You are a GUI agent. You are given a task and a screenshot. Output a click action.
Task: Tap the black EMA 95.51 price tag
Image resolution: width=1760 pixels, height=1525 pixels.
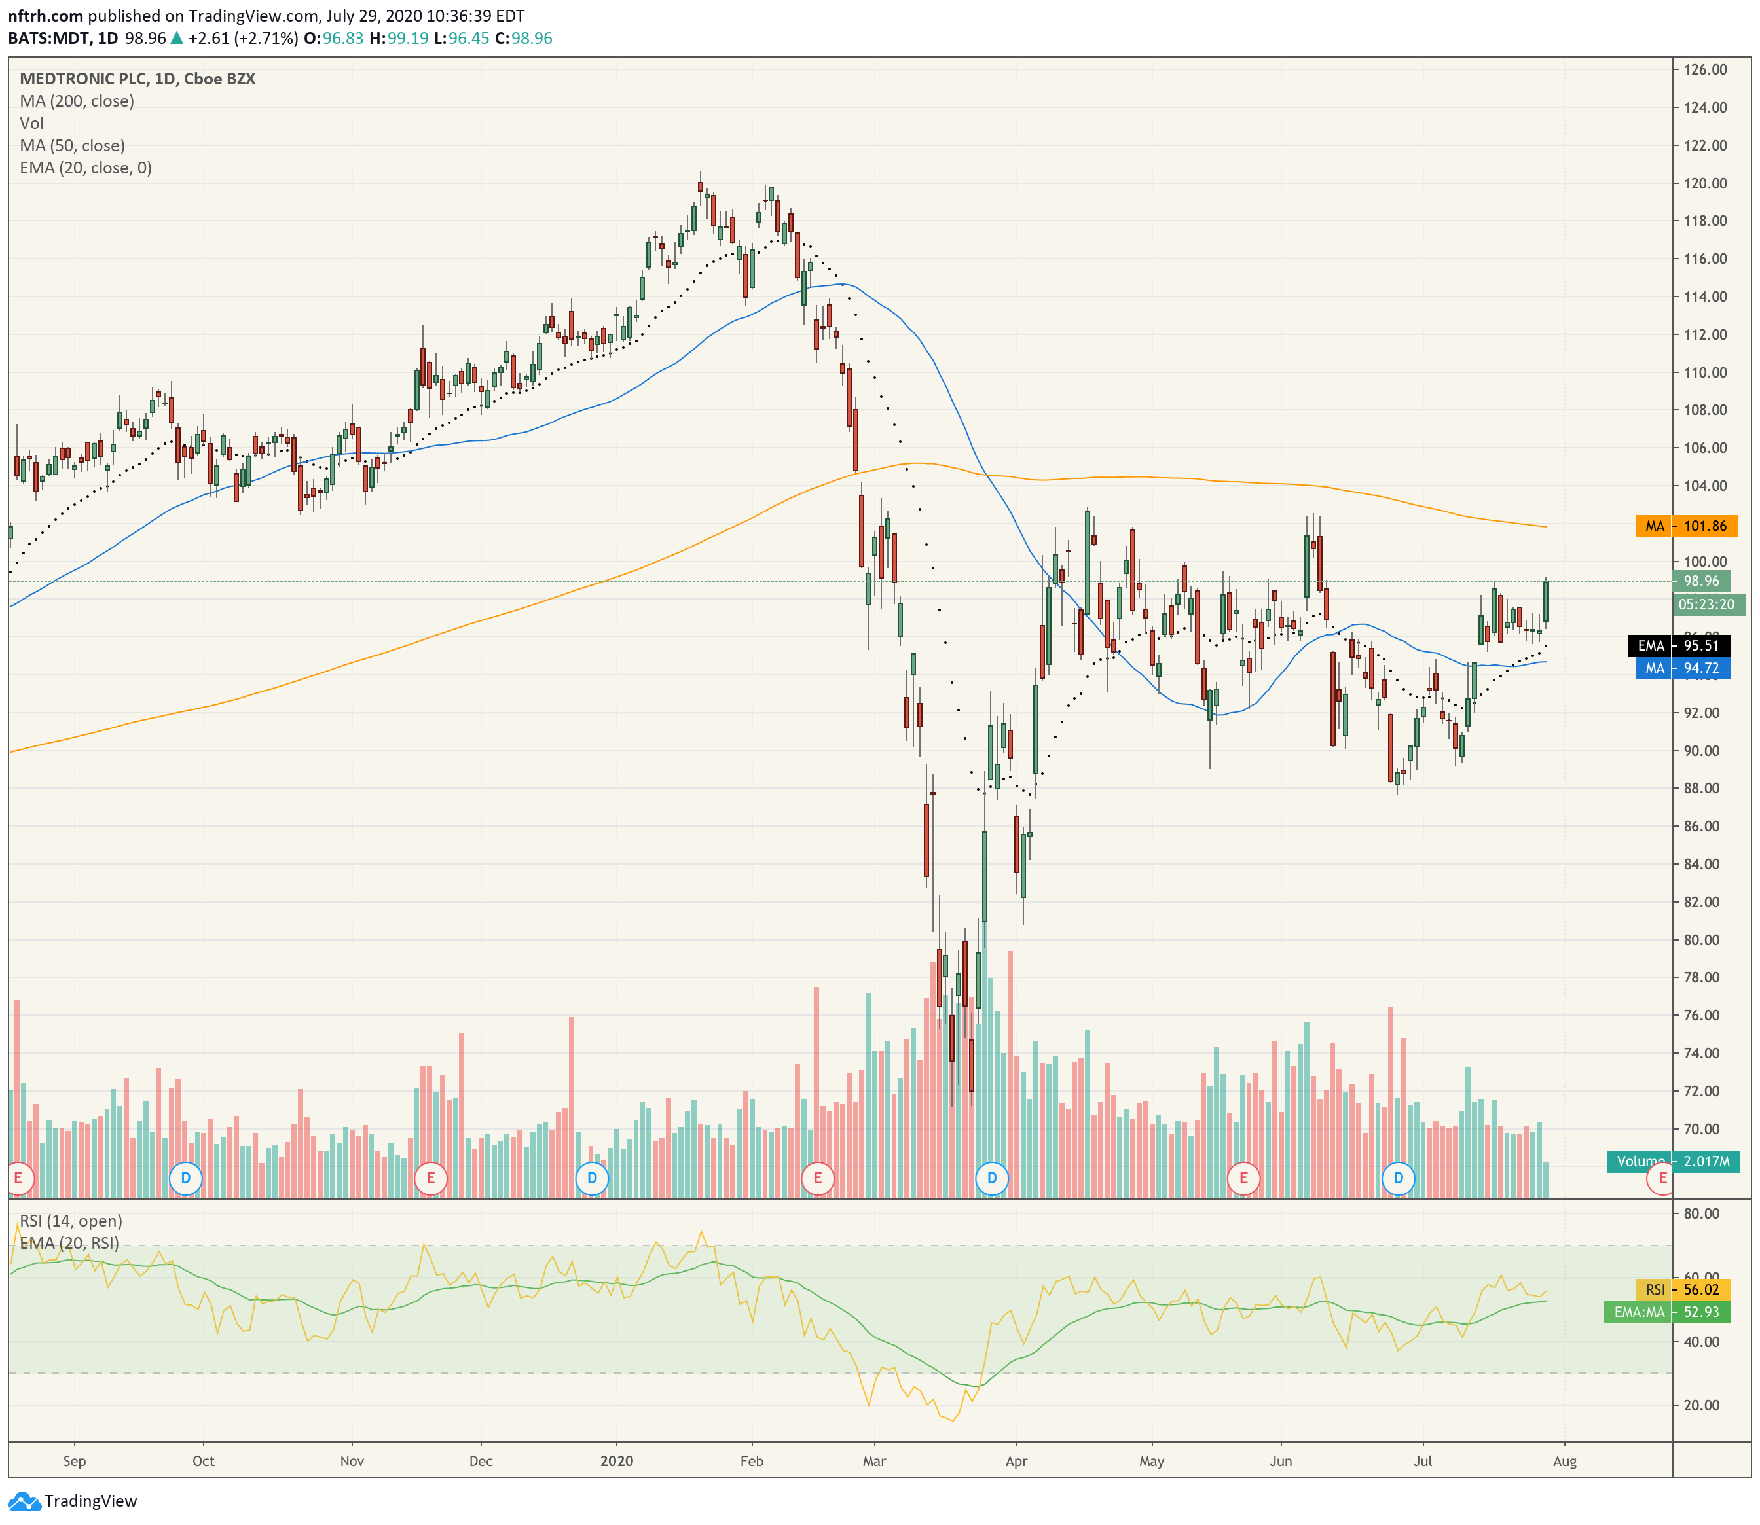pyautogui.click(x=1678, y=646)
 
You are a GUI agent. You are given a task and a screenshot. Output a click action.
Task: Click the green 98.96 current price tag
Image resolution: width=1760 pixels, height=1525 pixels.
pyautogui.click(x=1701, y=581)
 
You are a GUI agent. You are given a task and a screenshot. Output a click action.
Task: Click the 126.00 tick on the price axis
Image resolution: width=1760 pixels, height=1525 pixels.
pyautogui.click(x=1706, y=70)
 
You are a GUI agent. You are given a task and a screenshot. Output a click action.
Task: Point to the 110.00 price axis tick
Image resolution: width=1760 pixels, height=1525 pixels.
pyautogui.click(x=1706, y=372)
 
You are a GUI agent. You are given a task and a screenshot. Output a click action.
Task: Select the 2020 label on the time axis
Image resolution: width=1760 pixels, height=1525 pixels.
pyautogui.click(x=617, y=1461)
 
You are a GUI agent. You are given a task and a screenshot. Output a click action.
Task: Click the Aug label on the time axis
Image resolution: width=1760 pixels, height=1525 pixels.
pyautogui.click(x=1565, y=1461)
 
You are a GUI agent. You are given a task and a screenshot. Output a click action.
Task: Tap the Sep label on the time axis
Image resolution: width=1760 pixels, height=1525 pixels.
pyautogui.click(x=75, y=1461)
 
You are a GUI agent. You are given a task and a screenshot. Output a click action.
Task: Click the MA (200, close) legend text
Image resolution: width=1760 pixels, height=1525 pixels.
pyautogui.click(x=77, y=101)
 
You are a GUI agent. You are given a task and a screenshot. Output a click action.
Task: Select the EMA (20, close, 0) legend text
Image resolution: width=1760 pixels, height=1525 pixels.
pyautogui.click(x=86, y=168)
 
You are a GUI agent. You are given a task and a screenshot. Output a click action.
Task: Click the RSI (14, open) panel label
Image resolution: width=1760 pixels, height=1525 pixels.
pyautogui.click(x=71, y=1221)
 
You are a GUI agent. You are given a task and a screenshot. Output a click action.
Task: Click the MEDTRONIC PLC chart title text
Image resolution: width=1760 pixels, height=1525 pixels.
pyautogui.click(x=82, y=79)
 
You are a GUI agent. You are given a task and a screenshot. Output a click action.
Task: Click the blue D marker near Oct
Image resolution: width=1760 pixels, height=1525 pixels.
pyautogui.click(x=185, y=1179)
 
